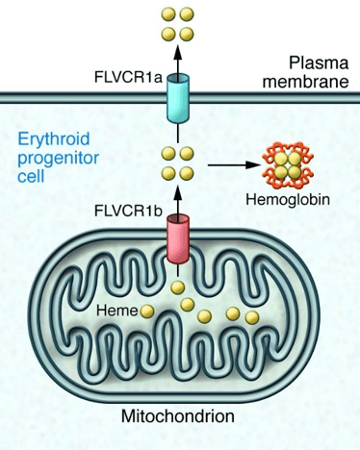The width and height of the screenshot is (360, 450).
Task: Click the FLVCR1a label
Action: [x=128, y=78]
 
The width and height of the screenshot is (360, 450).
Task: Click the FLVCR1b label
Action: [x=128, y=211]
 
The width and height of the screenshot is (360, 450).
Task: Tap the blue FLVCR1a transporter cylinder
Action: [x=177, y=98]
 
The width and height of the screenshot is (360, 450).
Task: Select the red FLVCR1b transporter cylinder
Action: [x=177, y=239]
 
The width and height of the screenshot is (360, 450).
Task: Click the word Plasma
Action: [x=319, y=62]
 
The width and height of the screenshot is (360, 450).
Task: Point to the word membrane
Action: [x=306, y=82]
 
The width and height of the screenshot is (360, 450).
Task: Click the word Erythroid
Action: [x=54, y=140]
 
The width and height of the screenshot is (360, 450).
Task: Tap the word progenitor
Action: [x=58, y=160]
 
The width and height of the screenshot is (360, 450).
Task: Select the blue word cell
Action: [x=31, y=176]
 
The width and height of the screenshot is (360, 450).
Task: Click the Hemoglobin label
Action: [x=288, y=199]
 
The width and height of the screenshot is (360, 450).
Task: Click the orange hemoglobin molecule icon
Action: [x=288, y=165]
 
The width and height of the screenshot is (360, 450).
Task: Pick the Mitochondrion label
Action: [x=178, y=416]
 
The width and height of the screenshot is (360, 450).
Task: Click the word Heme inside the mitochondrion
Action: [x=117, y=311]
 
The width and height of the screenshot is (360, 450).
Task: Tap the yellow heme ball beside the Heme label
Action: [x=147, y=311]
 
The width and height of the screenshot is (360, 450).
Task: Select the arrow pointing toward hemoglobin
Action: [x=235, y=165]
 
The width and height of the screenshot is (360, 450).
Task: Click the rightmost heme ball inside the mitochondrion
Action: [x=252, y=317]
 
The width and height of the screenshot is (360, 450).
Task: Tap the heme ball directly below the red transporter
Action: [x=177, y=287]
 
